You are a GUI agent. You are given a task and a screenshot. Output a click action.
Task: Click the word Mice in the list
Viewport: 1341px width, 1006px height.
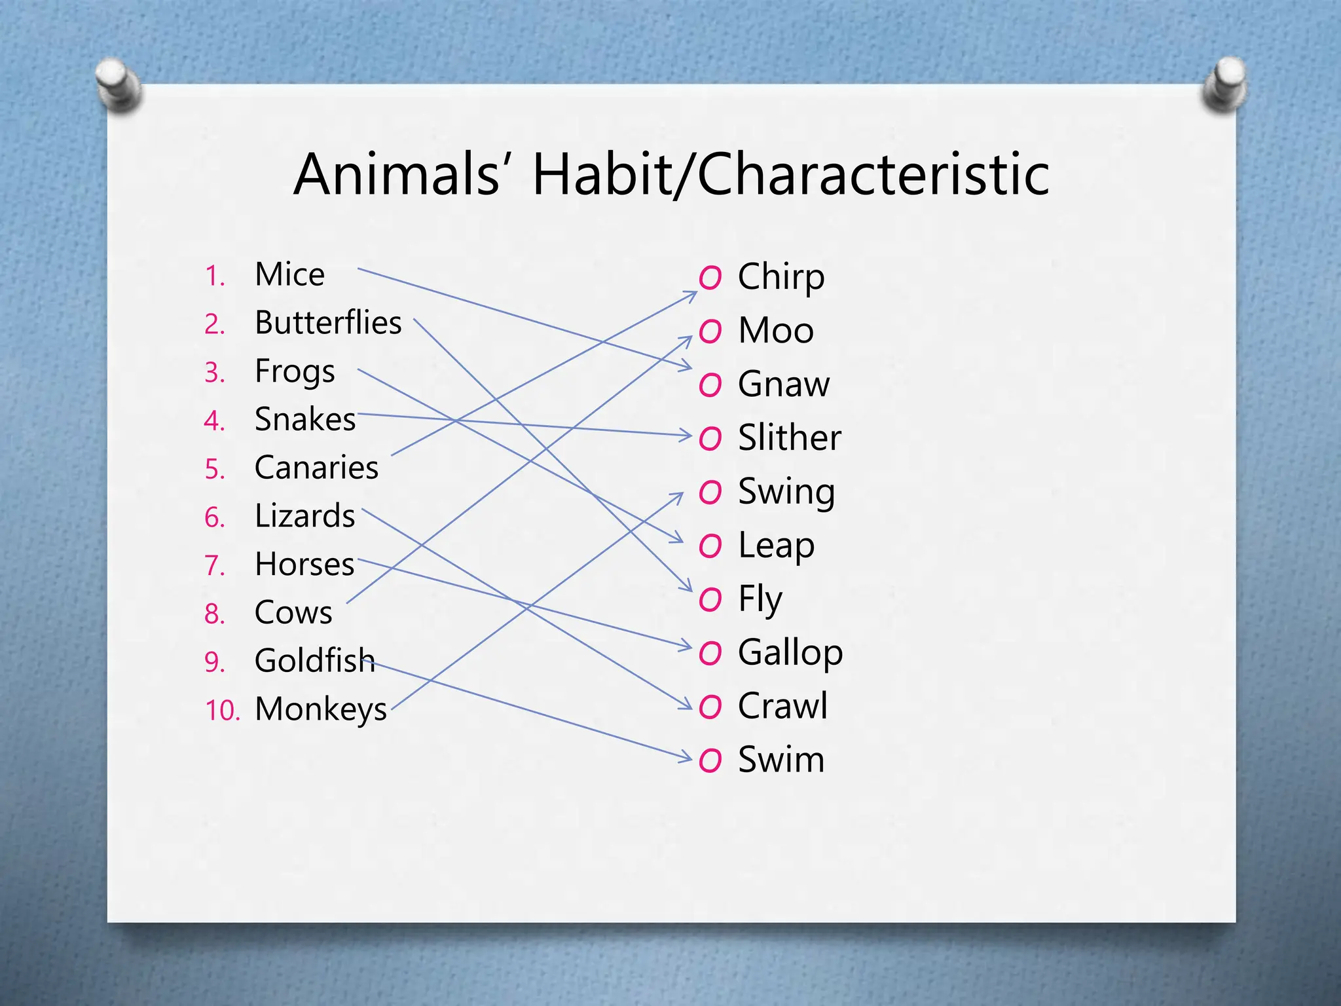289,274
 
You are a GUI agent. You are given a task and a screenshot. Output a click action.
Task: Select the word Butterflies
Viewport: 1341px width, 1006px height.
327,323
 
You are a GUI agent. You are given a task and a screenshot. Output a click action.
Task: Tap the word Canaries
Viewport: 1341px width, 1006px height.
316,468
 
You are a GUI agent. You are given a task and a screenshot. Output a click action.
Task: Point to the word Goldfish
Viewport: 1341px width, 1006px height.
314,660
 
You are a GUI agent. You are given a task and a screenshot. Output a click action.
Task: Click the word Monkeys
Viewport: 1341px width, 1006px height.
321,710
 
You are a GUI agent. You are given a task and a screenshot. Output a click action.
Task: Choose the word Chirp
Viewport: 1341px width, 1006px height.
781,278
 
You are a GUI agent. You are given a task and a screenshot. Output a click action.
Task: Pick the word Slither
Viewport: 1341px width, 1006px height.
789,438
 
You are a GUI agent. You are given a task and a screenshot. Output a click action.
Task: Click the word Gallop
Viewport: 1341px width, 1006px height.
790,653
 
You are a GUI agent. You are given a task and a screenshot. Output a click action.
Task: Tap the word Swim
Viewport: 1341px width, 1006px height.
781,760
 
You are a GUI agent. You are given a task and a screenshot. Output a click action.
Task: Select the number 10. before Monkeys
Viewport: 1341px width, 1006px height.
223,711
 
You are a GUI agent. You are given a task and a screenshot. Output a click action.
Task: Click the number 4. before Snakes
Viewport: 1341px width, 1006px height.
215,421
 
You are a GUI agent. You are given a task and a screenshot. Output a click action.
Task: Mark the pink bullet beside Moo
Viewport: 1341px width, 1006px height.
710,331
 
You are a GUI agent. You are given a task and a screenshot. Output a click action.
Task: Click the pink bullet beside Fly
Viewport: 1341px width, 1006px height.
710,600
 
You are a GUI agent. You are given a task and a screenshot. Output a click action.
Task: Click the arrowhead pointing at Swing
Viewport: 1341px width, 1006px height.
679,496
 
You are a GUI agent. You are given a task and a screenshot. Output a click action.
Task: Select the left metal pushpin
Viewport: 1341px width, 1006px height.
118,84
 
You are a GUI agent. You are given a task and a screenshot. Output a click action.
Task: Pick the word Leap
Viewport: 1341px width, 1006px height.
776,546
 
